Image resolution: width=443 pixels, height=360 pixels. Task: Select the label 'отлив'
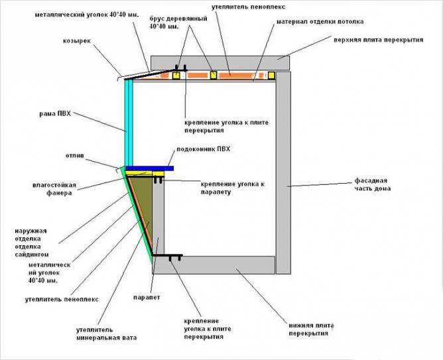pos(74,157)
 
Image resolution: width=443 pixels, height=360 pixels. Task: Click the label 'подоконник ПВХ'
pos(200,150)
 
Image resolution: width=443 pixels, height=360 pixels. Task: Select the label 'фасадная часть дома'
pos(371,184)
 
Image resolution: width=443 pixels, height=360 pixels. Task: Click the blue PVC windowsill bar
pos(150,168)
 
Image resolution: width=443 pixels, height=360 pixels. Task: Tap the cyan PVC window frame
pos(128,119)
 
